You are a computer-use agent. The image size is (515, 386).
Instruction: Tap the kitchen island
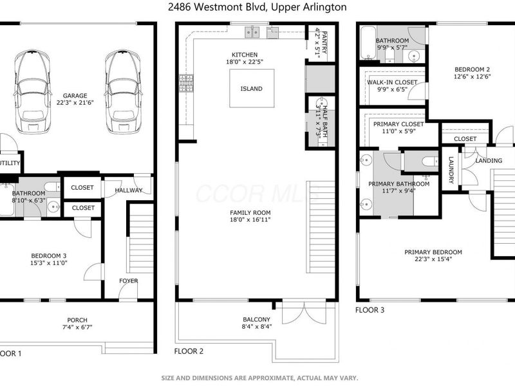tap(251, 89)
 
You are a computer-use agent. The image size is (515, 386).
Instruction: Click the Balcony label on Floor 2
tap(256, 319)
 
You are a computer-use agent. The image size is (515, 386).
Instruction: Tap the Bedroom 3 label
tap(49, 256)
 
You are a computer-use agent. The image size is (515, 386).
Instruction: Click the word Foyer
tap(128, 281)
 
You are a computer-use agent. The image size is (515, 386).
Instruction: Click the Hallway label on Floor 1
tap(128, 190)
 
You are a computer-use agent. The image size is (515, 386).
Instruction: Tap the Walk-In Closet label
tap(391, 82)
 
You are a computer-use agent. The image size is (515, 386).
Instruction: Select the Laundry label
tap(451, 169)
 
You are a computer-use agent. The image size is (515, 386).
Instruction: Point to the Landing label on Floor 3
tap(488, 160)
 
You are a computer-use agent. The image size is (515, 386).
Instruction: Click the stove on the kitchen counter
tap(186, 82)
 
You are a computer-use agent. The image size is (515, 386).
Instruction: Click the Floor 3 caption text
tap(370, 310)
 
